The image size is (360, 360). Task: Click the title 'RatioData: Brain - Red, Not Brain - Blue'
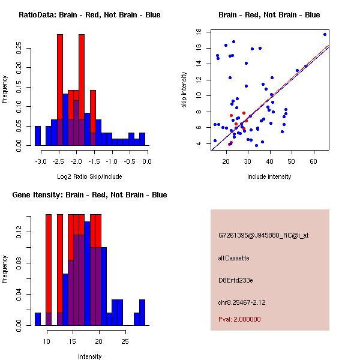[x=89, y=15]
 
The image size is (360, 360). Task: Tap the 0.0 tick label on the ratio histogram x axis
[x=147, y=161]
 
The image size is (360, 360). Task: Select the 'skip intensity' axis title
[x=185, y=90]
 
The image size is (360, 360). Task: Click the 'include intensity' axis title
[x=269, y=176]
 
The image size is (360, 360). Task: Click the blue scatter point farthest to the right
[x=325, y=34]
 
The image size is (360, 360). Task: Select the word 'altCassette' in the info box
[x=233, y=258]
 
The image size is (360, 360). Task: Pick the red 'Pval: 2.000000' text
[x=239, y=319]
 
